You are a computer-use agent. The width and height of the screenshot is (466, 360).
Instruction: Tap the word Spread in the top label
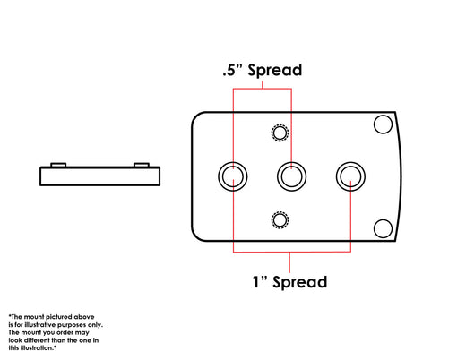(275, 71)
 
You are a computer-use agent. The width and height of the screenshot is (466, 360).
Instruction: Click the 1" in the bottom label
(260, 281)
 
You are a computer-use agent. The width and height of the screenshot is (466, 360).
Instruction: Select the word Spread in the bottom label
(300, 283)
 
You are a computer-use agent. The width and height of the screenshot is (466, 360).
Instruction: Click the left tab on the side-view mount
(58, 165)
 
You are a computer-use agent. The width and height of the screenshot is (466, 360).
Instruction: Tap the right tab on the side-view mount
(142, 165)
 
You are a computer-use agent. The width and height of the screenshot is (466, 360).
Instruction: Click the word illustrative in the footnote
(40, 324)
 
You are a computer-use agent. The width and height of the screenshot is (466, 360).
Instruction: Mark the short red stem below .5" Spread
(263, 85)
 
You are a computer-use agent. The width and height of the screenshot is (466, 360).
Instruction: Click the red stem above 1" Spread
(289, 262)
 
